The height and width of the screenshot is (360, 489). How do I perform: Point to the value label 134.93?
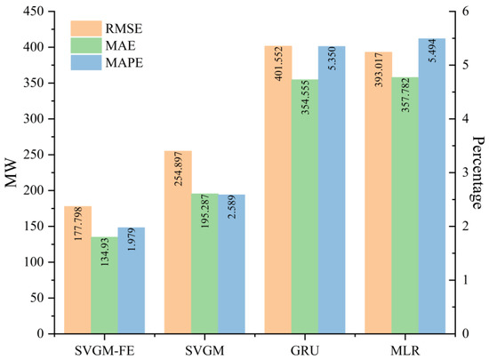(x=104, y=258)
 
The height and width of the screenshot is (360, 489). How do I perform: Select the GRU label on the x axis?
(x=305, y=348)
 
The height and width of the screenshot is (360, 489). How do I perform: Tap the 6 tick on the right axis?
(x=462, y=12)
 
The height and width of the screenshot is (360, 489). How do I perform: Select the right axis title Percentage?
(x=478, y=172)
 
